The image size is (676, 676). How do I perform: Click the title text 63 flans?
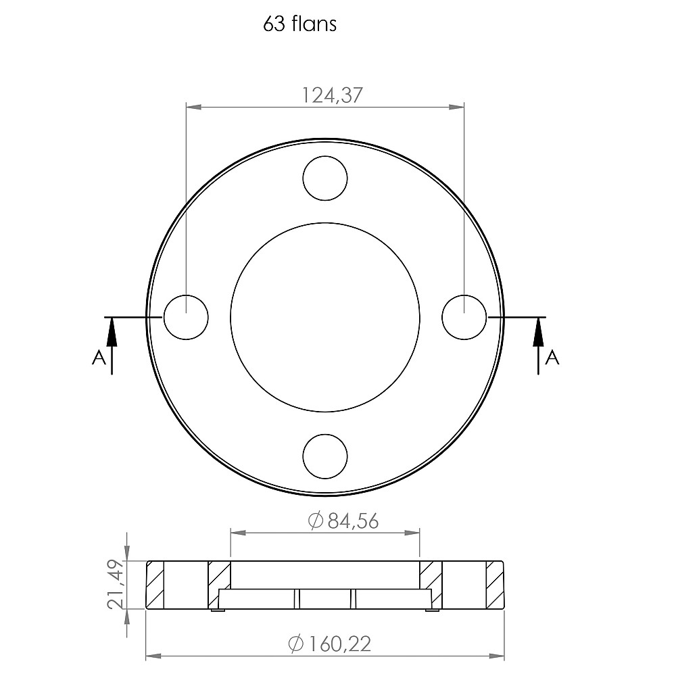pos(299,24)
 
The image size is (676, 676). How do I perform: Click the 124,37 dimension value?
pos(331,95)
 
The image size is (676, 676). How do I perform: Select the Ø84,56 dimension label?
pos(343,521)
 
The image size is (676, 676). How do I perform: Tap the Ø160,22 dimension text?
pos(330,644)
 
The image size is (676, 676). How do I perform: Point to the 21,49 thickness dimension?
pos(115,584)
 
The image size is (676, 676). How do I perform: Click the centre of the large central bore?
pos(325,317)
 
